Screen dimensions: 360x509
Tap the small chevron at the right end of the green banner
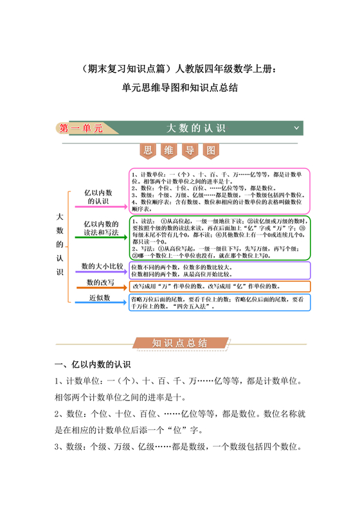pyautogui.click(x=296, y=128)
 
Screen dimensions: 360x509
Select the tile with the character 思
pyautogui.click(x=148, y=151)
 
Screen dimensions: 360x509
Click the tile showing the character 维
pyautogui.click(x=170, y=151)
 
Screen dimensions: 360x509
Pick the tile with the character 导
pyautogui.click(x=190, y=151)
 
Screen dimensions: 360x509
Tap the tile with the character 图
pyautogui.click(x=212, y=151)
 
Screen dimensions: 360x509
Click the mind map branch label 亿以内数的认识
pyautogui.click(x=98, y=197)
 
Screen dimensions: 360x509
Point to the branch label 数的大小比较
pyautogui.click(x=98, y=265)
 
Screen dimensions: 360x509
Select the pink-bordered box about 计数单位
pyautogui.click(x=219, y=191)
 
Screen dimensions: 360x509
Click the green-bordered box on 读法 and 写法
pyautogui.click(x=219, y=237)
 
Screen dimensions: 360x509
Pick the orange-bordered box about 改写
pyautogui.click(x=219, y=286)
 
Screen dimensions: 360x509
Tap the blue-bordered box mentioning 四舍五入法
pyautogui.click(x=219, y=303)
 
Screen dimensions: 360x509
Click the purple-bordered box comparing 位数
pyautogui.click(x=219, y=269)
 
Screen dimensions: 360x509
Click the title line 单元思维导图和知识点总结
pyautogui.click(x=179, y=88)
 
